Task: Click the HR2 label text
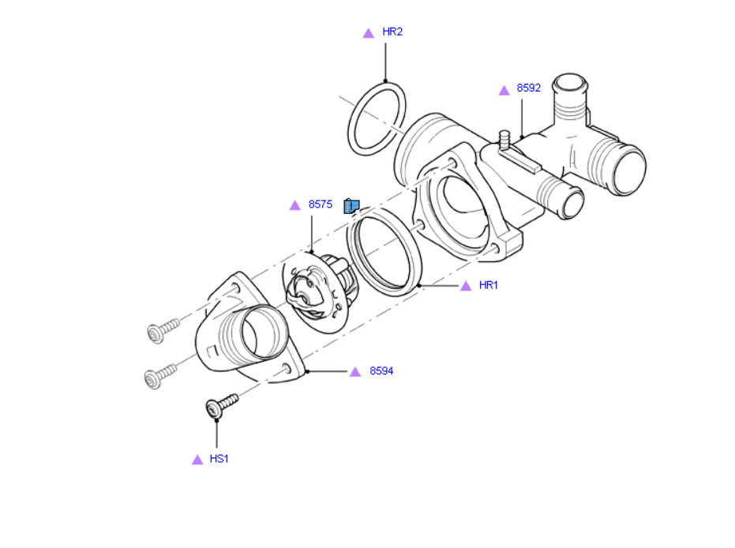click(x=392, y=32)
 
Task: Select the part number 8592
click(x=528, y=88)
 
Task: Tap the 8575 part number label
click(x=320, y=205)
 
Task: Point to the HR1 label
click(x=489, y=285)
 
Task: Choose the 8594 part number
click(x=381, y=371)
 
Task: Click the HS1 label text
click(x=219, y=459)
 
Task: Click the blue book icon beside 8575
click(x=351, y=206)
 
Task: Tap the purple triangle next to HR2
click(x=368, y=33)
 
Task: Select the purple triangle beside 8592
click(x=504, y=91)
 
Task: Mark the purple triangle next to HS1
click(x=197, y=460)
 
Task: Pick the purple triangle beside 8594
click(x=355, y=372)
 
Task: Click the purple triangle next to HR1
click(x=466, y=286)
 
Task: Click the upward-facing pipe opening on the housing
click(x=569, y=84)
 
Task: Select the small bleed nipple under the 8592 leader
click(x=506, y=141)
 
